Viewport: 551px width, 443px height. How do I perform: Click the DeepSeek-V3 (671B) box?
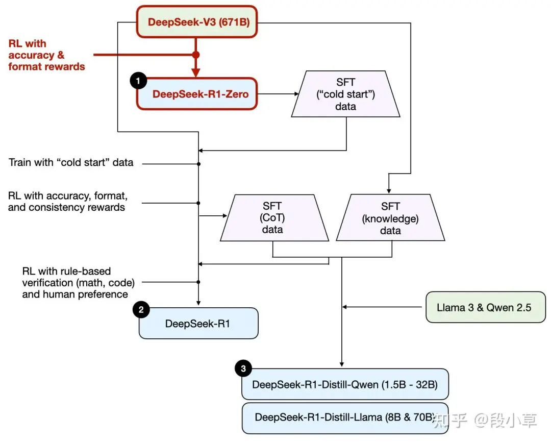click(x=197, y=22)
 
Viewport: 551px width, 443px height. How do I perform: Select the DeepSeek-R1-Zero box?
click(x=197, y=93)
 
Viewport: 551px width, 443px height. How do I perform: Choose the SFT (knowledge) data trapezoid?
click(x=390, y=218)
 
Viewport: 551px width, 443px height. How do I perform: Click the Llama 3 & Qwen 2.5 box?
click(x=485, y=308)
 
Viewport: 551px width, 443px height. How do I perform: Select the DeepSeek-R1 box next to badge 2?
click(x=198, y=323)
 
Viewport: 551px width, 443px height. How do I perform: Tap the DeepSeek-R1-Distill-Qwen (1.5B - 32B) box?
click(x=345, y=384)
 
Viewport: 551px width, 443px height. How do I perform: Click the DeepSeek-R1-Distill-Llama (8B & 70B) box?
click(x=345, y=417)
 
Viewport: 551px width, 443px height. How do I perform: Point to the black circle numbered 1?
click(x=138, y=81)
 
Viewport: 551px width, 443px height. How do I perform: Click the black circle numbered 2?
click(x=141, y=309)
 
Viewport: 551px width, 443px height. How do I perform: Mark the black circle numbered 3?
click(x=243, y=368)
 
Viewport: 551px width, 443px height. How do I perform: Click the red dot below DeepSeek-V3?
click(x=195, y=54)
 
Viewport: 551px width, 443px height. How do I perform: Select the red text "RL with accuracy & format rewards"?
click(x=46, y=55)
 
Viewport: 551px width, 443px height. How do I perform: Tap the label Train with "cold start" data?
click(x=71, y=163)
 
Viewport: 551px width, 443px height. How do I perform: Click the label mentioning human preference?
click(x=75, y=282)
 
